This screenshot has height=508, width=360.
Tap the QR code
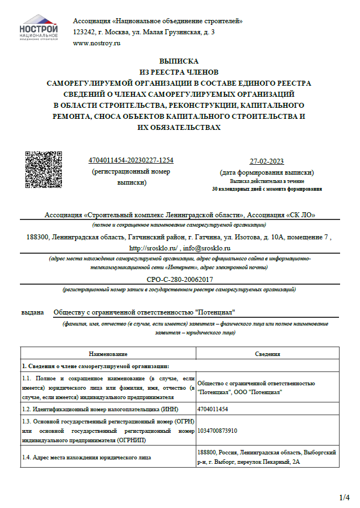coord(44,169)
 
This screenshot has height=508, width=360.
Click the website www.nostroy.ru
coord(96,43)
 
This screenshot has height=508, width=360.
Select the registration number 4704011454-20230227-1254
coord(131,160)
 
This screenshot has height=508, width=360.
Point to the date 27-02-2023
coord(267,161)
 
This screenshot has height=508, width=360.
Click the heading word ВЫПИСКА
coord(179,61)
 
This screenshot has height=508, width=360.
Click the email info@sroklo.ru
coord(207,248)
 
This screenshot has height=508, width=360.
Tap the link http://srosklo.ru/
coord(153,248)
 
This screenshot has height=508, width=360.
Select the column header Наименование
coord(108,354)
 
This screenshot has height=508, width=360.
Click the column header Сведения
coord(267,354)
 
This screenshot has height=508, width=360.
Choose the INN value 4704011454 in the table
coord(213,409)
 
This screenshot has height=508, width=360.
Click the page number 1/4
coord(344,497)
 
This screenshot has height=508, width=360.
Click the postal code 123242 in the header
coord(84,32)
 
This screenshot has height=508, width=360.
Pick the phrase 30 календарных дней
coord(239,189)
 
